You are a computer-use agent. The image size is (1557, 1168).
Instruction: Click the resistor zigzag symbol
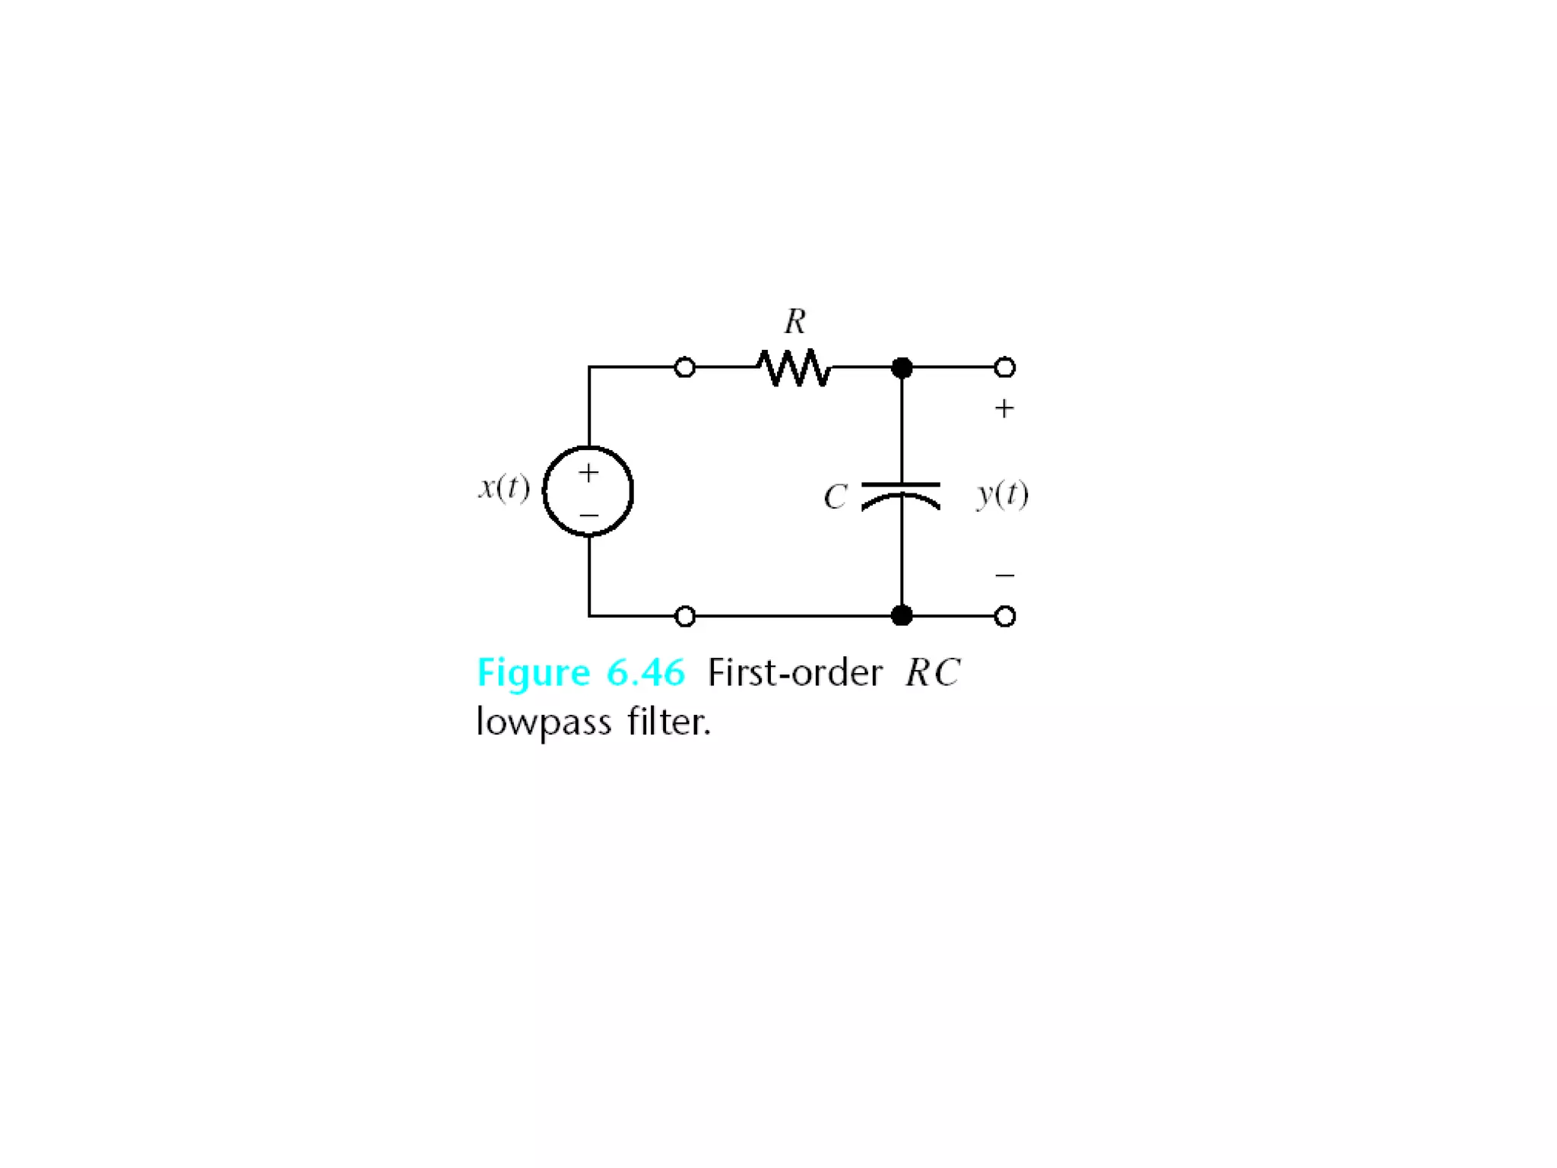pyautogui.click(x=794, y=368)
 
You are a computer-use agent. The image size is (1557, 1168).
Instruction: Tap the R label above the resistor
pyautogui.click(x=795, y=322)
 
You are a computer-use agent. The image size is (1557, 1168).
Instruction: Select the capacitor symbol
pyautogui.click(x=901, y=495)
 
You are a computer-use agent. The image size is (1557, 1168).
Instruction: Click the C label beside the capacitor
pyautogui.click(x=835, y=497)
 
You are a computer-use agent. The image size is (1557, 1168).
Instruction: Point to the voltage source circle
pyautogui.click(x=588, y=491)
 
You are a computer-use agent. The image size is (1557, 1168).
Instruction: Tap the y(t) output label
pyautogui.click(x=1003, y=494)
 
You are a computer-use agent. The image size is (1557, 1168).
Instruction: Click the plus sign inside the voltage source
pyautogui.click(x=588, y=473)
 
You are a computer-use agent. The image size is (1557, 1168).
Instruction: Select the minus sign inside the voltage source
pyautogui.click(x=588, y=516)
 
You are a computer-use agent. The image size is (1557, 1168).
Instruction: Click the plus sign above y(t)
pyautogui.click(x=1004, y=409)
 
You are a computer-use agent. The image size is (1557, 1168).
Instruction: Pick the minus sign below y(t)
pyautogui.click(x=1004, y=575)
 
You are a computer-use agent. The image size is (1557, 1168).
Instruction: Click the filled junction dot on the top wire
pyautogui.click(x=902, y=368)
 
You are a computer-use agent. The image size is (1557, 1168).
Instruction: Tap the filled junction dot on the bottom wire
pyautogui.click(x=902, y=615)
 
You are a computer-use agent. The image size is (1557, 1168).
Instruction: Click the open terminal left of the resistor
pyautogui.click(x=685, y=368)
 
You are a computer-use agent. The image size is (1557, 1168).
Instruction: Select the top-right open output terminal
pyautogui.click(x=1005, y=368)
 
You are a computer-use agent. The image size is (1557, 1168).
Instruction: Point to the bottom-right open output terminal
pyautogui.click(x=1005, y=616)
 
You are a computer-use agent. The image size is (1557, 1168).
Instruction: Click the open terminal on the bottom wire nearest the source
pyautogui.click(x=685, y=616)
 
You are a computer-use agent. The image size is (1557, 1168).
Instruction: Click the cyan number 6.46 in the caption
pyautogui.click(x=645, y=673)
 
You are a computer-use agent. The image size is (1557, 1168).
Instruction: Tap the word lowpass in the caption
pyautogui.click(x=544, y=722)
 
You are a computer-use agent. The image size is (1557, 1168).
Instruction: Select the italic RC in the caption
pyautogui.click(x=932, y=673)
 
